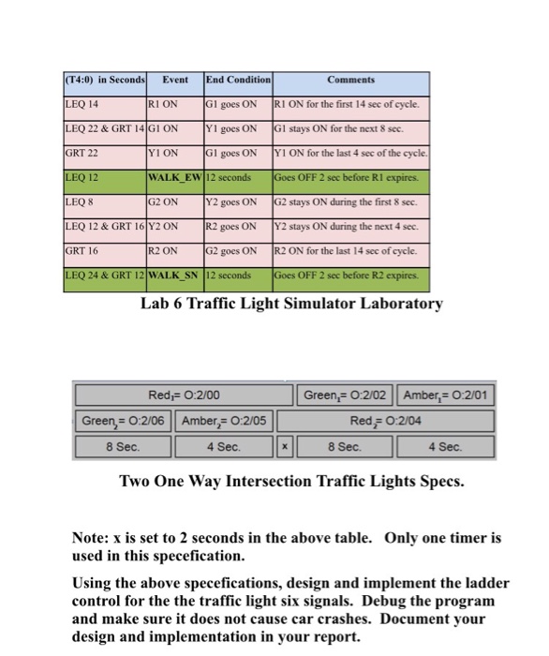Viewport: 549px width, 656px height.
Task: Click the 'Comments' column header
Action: pyautogui.click(x=350, y=81)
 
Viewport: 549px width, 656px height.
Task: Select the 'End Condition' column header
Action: pyautogui.click(x=237, y=81)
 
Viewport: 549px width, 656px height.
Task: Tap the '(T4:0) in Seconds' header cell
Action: pyautogui.click(x=103, y=81)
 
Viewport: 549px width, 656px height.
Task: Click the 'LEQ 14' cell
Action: pyautogui.click(x=103, y=104)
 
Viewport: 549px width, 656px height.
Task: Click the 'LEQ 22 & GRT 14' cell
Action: pyautogui.click(x=103, y=128)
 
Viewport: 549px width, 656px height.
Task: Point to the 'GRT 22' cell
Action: pyautogui.click(x=103, y=153)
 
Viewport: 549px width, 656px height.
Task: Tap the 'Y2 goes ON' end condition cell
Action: pyautogui.click(x=237, y=201)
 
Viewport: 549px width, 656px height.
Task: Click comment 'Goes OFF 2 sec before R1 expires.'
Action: pyautogui.click(x=350, y=177)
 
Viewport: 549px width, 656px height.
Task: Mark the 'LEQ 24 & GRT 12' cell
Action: pyautogui.click(x=103, y=275)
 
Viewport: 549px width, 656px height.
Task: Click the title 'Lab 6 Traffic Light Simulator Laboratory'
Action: pyautogui.click(x=291, y=304)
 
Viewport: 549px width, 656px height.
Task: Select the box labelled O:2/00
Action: pyautogui.click(x=184, y=396)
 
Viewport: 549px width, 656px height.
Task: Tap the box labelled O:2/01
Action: pyautogui.click(x=447, y=396)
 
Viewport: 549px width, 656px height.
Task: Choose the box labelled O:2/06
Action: pyautogui.click(x=124, y=421)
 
